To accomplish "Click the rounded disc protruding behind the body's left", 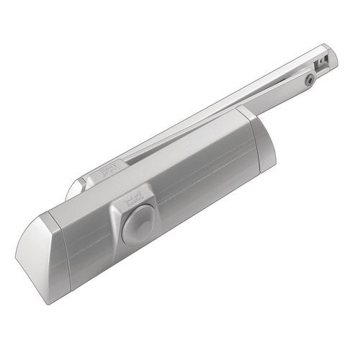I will pos(73,189).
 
